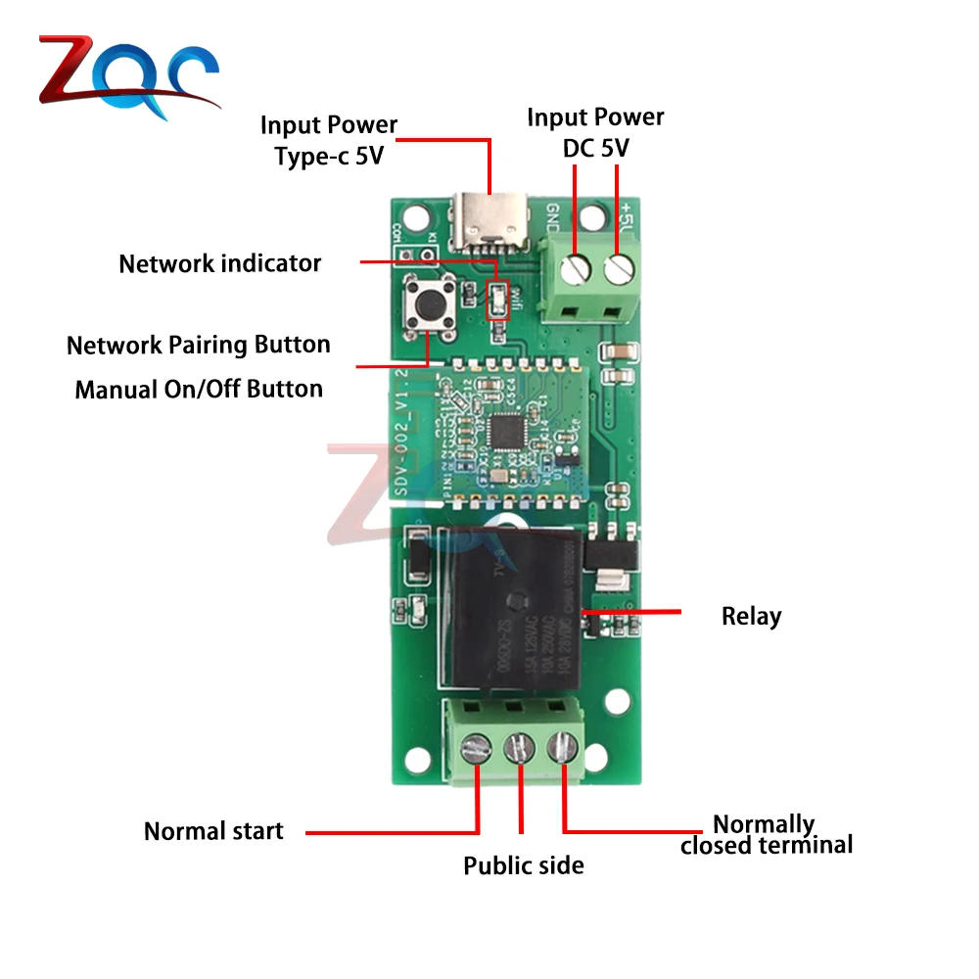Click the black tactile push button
coord(428,304)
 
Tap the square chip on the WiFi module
coord(508,429)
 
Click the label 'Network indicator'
coord(219,263)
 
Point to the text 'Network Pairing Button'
coord(198,345)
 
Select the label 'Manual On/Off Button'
coord(199,389)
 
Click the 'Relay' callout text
coord(751,617)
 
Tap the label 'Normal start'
coord(213,831)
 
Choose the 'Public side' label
coord(523,865)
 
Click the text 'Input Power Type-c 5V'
coord(329,140)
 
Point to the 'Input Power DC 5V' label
coord(595,132)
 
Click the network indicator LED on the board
coord(497,300)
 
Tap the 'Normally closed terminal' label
coord(766,834)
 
